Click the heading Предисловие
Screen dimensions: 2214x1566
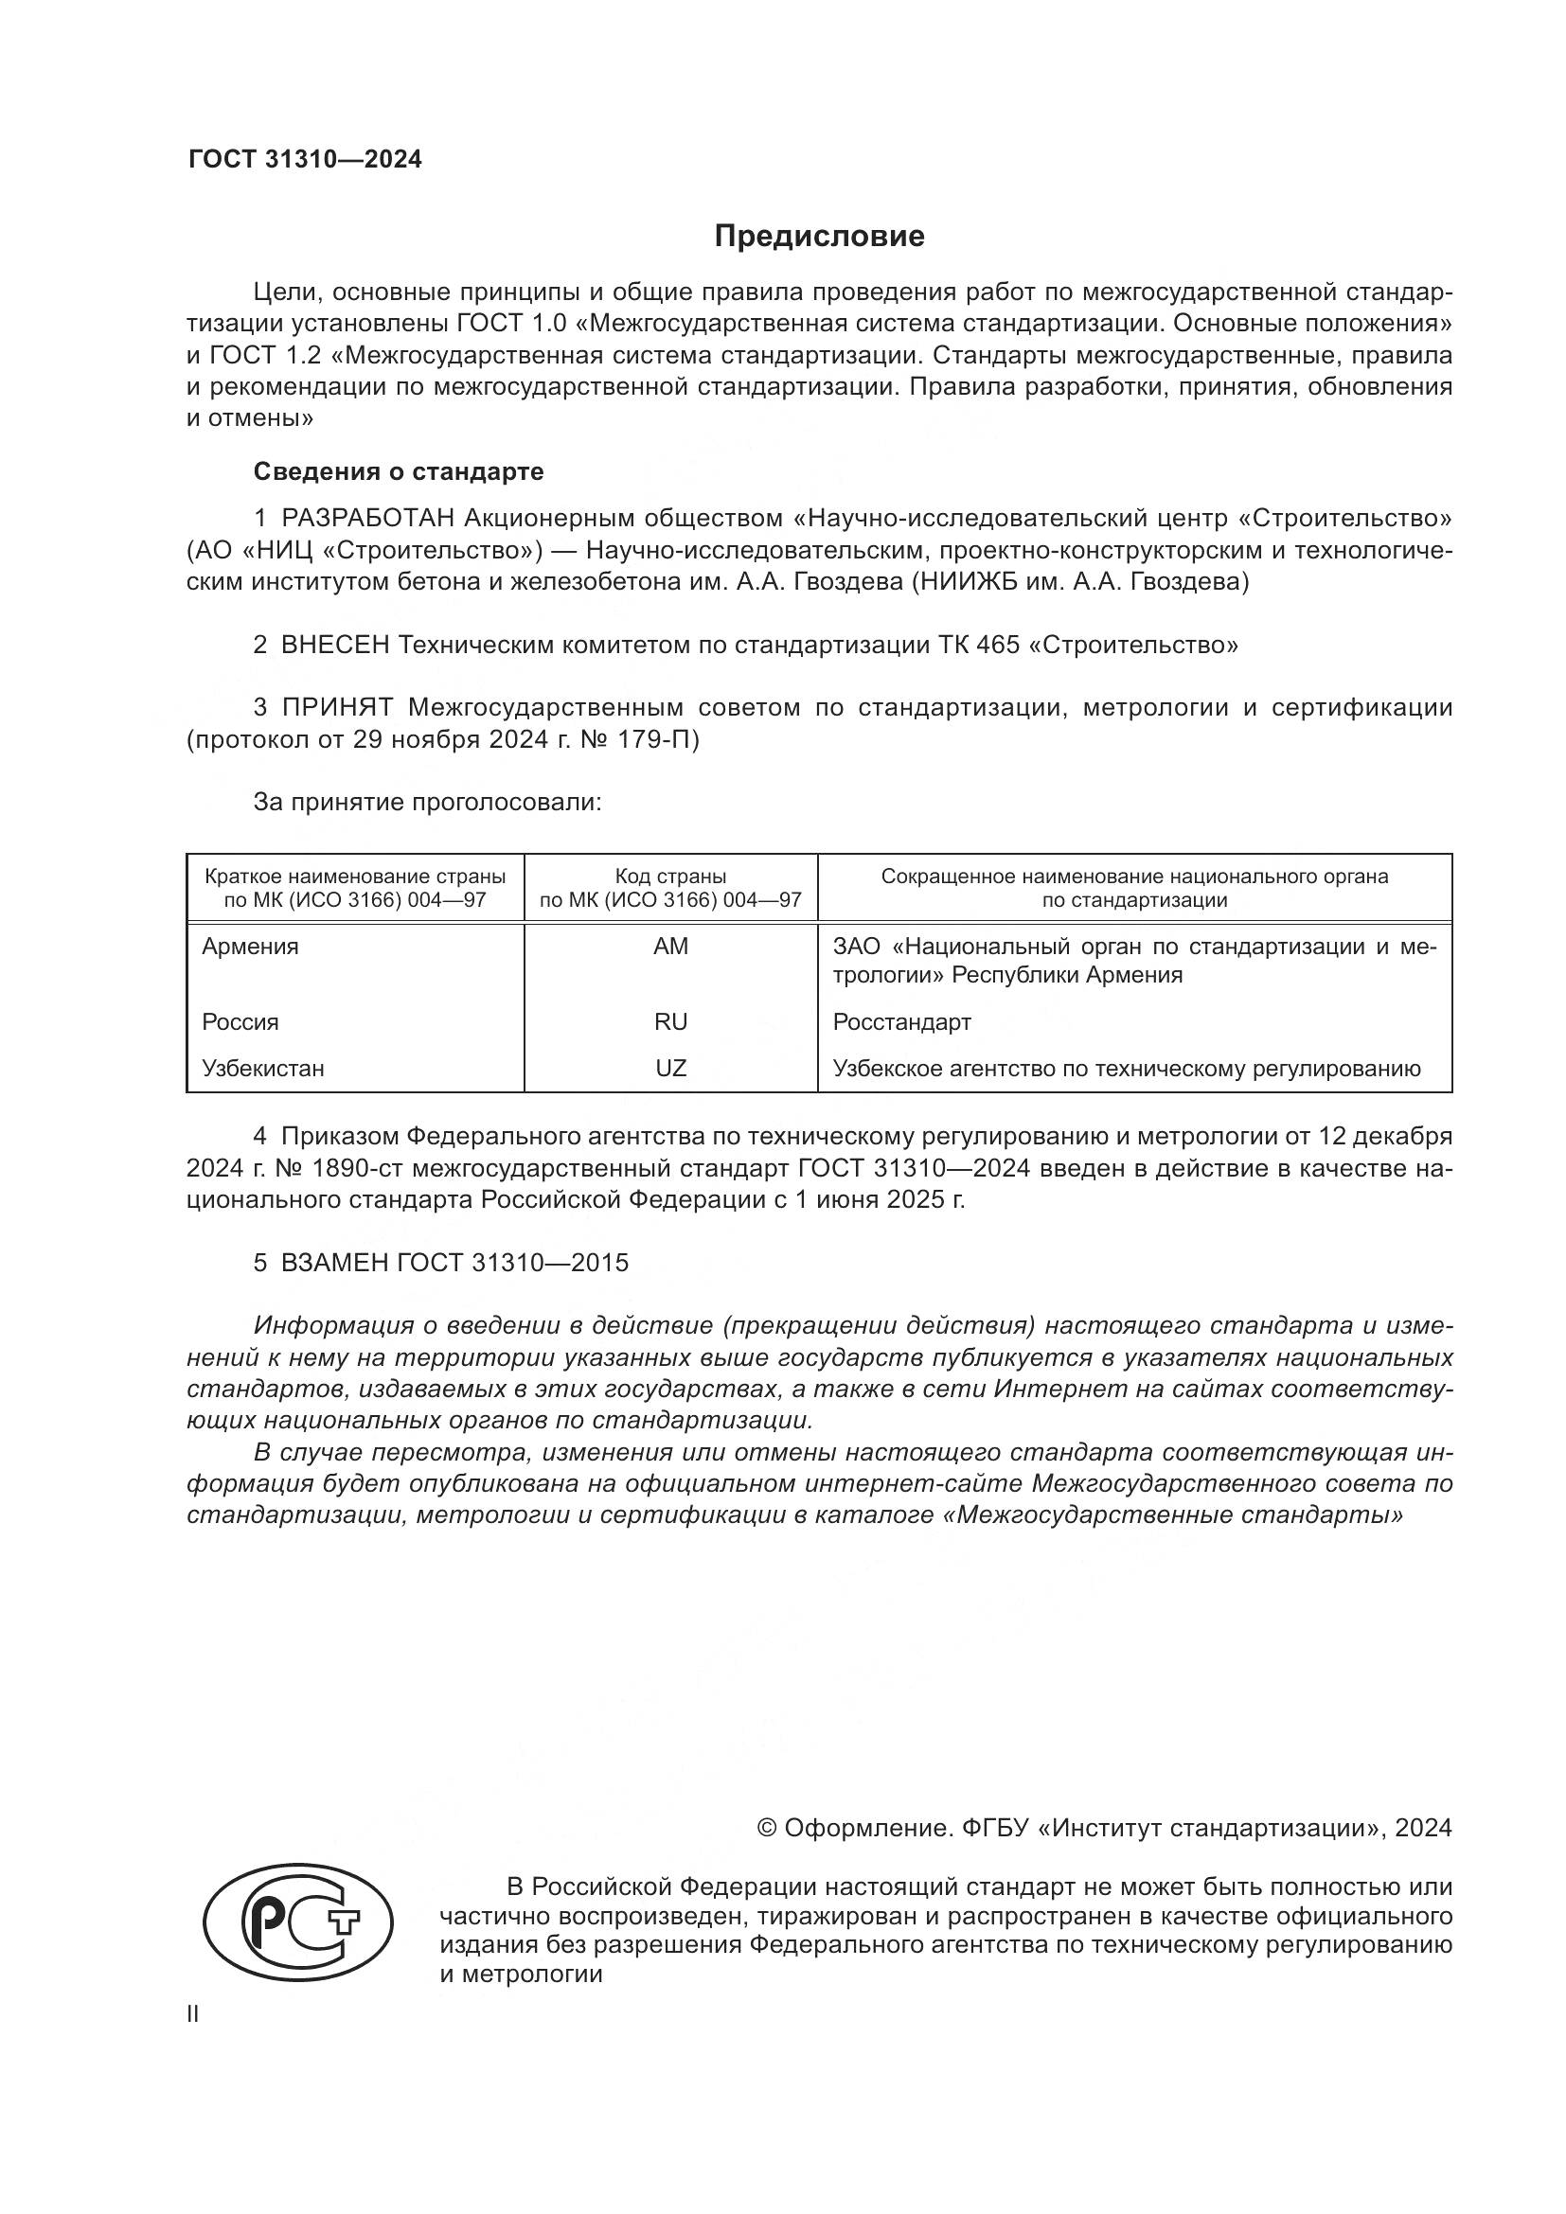(x=819, y=237)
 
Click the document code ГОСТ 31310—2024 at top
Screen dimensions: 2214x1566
(x=305, y=160)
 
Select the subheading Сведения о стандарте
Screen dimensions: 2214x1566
(x=399, y=471)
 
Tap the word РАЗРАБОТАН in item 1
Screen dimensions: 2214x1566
(x=367, y=519)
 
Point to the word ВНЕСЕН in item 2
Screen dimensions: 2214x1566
(x=335, y=645)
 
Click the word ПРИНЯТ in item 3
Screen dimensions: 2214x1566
(x=337, y=707)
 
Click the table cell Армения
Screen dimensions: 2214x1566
(x=250, y=946)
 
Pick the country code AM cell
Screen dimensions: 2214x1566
(x=670, y=946)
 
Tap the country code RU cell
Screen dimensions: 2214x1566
(x=670, y=1021)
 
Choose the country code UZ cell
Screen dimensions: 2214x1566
(x=670, y=1068)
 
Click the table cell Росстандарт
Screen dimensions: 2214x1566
(x=900, y=1021)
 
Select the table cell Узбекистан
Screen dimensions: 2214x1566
(x=262, y=1068)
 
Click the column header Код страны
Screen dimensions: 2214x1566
(x=670, y=877)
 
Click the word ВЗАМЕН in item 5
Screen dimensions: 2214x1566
(x=334, y=1263)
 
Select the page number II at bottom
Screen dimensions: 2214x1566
(x=193, y=2013)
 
